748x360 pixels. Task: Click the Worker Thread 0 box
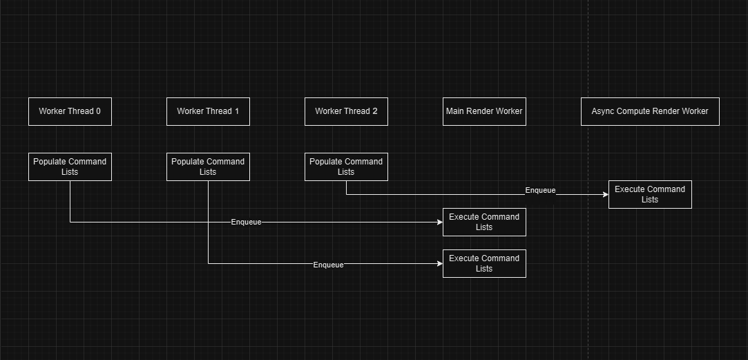pyautogui.click(x=70, y=111)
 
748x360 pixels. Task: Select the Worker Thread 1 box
pyautogui.click(x=208, y=111)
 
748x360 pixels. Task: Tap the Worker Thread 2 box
pyautogui.click(x=346, y=111)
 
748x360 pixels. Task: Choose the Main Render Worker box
pyautogui.click(x=484, y=111)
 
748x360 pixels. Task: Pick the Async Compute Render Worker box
pyautogui.click(x=650, y=111)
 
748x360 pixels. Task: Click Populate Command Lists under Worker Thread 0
pyautogui.click(x=70, y=167)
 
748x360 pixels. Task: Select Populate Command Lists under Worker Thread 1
pyautogui.click(x=208, y=167)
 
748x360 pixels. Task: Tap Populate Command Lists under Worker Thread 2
pyautogui.click(x=346, y=167)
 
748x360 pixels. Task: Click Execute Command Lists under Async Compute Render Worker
pyautogui.click(x=650, y=194)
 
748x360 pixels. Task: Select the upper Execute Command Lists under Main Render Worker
pyautogui.click(x=484, y=222)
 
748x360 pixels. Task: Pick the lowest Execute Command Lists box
pyautogui.click(x=484, y=263)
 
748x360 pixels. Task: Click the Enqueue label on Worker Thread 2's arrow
pyautogui.click(x=540, y=190)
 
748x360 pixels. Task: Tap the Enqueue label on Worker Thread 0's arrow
pyautogui.click(x=246, y=222)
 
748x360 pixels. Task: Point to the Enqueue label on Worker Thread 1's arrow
pyautogui.click(x=328, y=265)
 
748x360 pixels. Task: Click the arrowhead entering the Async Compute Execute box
pyautogui.click(x=605, y=194)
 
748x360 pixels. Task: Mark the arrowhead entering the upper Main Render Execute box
pyautogui.click(x=439, y=222)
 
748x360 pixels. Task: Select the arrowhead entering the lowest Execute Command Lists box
pyautogui.click(x=439, y=263)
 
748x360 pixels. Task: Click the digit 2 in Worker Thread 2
pyautogui.click(x=374, y=111)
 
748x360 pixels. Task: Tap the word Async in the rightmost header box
pyautogui.click(x=603, y=111)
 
